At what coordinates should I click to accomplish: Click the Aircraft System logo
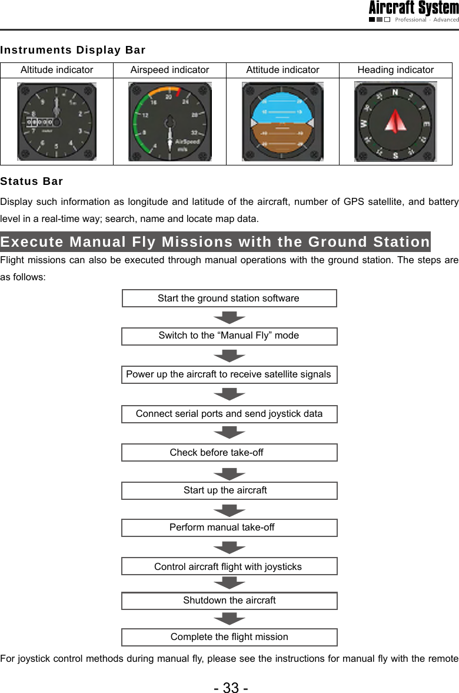[414, 11]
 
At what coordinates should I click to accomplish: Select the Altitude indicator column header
[56, 70]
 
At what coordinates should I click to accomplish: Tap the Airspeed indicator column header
[169, 70]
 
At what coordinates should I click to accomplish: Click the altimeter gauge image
[56, 121]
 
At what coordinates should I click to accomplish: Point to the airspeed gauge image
[169, 121]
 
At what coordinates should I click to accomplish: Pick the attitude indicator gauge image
[282, 121]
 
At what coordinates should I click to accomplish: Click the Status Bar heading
[32, 181]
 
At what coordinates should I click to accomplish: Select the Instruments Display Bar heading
[73, 50]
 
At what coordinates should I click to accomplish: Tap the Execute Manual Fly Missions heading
[215, 242]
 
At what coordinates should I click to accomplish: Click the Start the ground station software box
[229, 299]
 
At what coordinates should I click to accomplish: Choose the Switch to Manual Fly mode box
[229, 336]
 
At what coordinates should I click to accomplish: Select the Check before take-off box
[229, 453]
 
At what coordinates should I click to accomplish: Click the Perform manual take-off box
[229, 528]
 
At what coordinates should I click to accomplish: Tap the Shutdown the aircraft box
[229, 601]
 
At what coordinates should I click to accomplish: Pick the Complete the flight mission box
[229, 637]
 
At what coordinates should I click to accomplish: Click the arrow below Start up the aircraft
[229, 510]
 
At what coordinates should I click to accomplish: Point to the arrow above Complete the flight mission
[229, 619]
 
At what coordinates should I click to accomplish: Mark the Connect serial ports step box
[229, 414]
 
